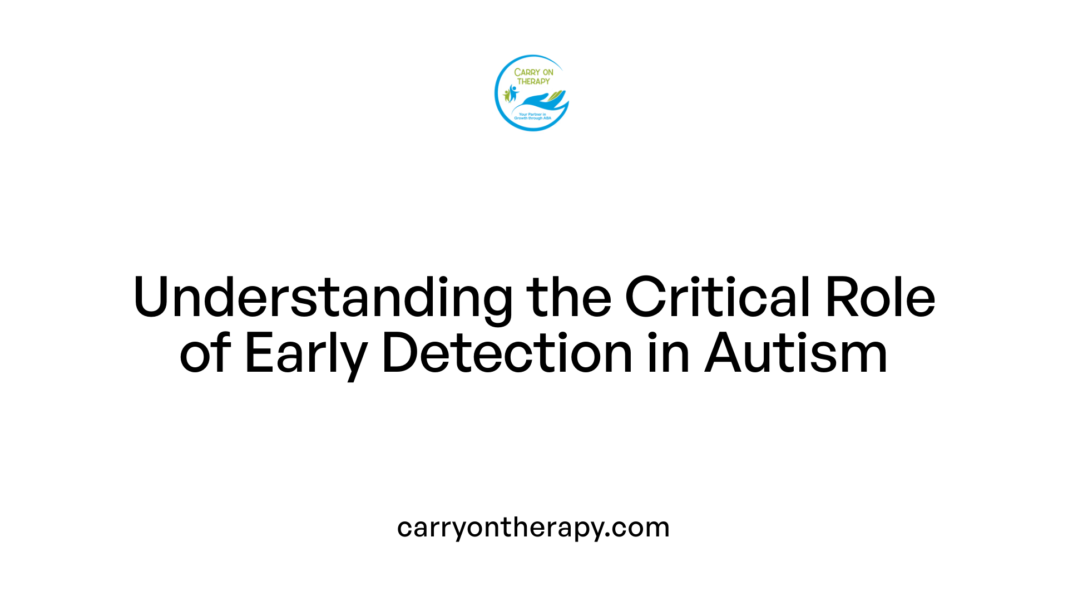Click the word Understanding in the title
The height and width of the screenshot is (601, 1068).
point(323,298)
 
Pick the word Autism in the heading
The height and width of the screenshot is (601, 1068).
point(796,353)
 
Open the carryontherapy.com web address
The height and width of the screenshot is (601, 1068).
point(533,527)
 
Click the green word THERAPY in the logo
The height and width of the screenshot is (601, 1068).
point(533,81)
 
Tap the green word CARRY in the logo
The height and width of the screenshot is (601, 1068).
point(525,72)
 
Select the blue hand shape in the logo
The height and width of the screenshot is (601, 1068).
point(537,102)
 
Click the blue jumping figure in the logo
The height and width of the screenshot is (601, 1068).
point(513,92)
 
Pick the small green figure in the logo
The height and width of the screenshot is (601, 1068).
point(506,95)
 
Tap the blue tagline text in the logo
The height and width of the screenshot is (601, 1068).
point(532,116)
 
